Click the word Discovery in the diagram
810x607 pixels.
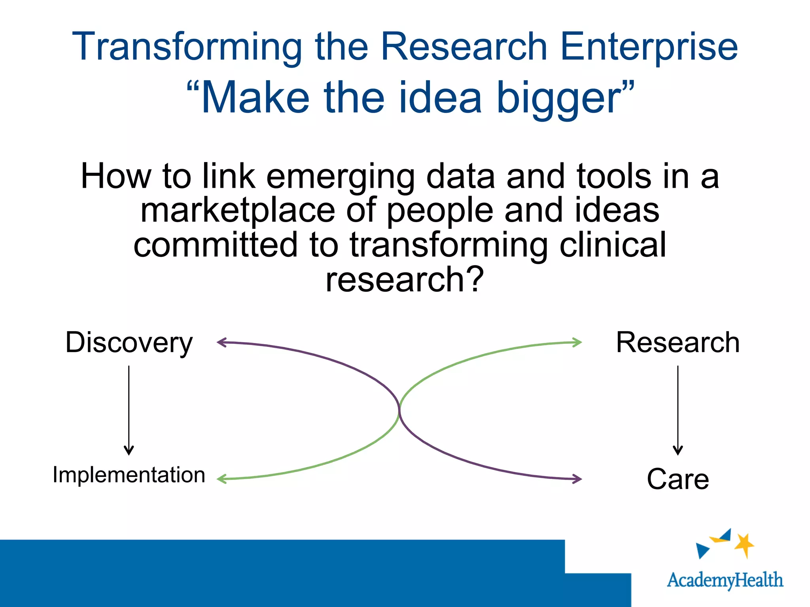coord(129,343)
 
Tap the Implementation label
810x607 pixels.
coord(129,475)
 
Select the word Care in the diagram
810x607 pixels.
coord(678,479)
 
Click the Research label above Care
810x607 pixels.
coord(678,342)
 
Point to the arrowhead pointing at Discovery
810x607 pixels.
coord(221,342)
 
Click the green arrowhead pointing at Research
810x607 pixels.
coord(578,342)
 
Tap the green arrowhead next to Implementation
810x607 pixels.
coord(221,479)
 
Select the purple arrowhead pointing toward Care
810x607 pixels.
coord(578,479)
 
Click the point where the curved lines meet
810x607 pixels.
coord(399,410)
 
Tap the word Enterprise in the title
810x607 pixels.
coord(649,47)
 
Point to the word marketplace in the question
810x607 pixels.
coord(238,211)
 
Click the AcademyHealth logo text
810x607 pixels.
coord(725,580)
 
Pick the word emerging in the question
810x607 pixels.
coord(341,177)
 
